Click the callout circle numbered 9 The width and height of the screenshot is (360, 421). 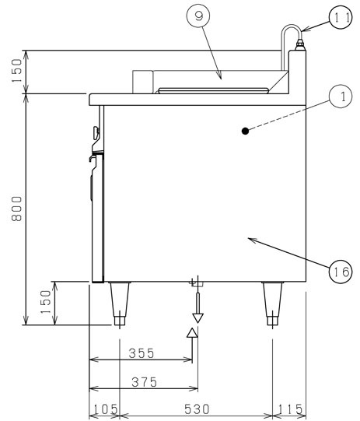(x=198, y=16)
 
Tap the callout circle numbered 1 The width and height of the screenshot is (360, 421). (x=341, y=96)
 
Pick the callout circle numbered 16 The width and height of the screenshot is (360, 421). (x=341, y=271)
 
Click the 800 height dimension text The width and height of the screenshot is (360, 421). (x=16, y=209)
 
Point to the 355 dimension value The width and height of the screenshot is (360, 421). (x=142, y=353)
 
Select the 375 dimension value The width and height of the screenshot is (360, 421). (x=144, y=382)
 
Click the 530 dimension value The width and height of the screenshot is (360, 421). (x=197, y=409)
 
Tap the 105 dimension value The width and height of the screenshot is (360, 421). (x=105, y=410)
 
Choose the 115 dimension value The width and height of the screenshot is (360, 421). (x=290, y=410)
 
